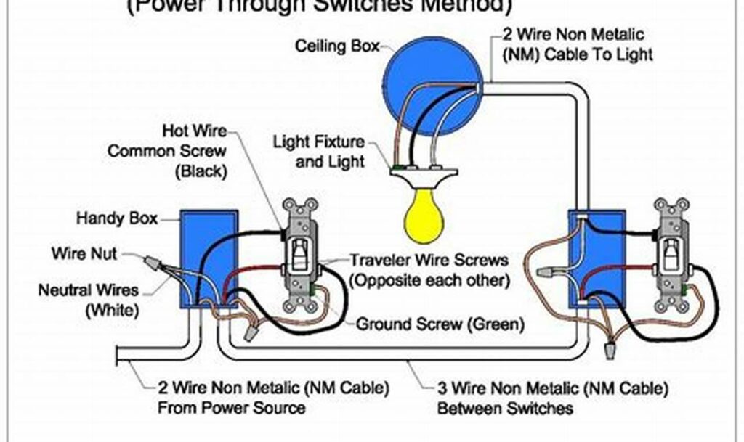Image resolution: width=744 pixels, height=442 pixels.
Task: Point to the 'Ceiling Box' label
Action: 337,46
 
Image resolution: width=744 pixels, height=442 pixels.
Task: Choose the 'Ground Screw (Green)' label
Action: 440,324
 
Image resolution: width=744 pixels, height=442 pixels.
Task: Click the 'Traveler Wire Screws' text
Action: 429,260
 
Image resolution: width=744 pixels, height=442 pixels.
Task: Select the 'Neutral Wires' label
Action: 88,291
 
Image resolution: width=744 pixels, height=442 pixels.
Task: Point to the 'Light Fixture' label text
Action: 319,141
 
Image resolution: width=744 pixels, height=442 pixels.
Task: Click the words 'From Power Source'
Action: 231,408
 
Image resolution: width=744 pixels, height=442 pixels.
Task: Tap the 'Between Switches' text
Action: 504,408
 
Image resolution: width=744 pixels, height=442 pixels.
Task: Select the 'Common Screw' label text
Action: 166,152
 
